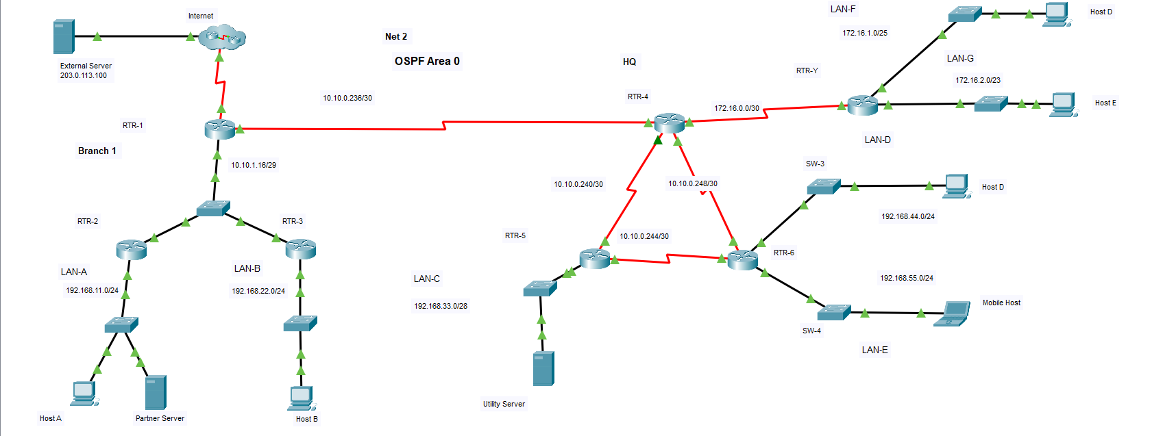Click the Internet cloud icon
[221, 37]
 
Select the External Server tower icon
[64, 37]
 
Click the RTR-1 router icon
[220, 129]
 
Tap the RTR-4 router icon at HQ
[669, 123]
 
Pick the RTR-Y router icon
[862, 105]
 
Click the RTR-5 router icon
[594, 258]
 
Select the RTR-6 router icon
[743, 259]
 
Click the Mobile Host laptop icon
[953, 313]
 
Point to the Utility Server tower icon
[543, 368]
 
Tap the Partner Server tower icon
[156, 392]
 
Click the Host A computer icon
[84, 393]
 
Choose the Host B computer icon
[302, 398]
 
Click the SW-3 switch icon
[823, 185]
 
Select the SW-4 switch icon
[833, 311]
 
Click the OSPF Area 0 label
[427, 61]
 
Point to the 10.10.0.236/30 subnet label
[347, 98]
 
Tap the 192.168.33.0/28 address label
[441, 306]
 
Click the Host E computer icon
[1063, 104]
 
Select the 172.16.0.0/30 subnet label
[737, 108]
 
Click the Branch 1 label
[97, 151]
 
